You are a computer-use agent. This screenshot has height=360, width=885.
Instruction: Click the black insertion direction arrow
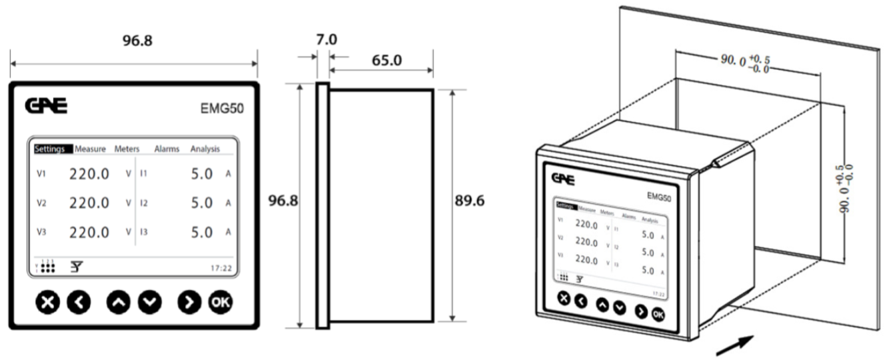tap(736, 346)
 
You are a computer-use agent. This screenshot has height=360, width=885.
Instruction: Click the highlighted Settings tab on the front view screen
tap(49, 149)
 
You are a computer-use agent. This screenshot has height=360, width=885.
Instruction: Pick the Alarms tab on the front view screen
tap(167, 149)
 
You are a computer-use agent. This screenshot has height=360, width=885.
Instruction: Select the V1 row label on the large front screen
tap(41, 173)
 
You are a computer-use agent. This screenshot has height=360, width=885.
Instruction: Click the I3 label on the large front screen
tap(144, 233)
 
